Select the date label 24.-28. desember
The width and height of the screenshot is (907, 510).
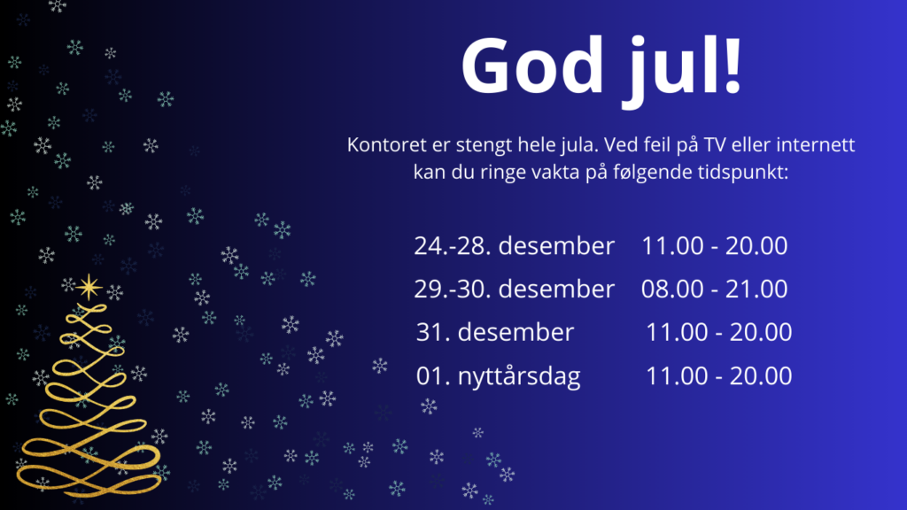[x=514, y=246]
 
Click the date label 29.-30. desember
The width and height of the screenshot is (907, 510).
[x=514, y=289]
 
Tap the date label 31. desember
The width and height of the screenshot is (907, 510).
[x=494, y=332]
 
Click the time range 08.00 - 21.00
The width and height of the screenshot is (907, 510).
[x=715, y=289]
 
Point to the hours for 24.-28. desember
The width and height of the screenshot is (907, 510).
[x=715, y=246]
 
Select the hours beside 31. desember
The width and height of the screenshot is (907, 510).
[x=718, y=332]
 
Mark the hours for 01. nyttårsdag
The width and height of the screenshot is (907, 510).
[x=718, y=375]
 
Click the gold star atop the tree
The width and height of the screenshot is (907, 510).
[x=89, y=287]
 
